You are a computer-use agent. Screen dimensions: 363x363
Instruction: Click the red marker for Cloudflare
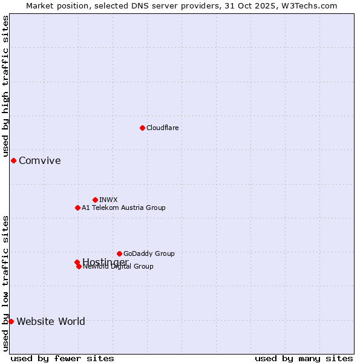click(x=142, y=128)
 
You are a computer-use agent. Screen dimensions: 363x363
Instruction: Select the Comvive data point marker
click(x=13, y=160)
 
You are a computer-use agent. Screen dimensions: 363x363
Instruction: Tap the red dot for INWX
click(x=95, y=200)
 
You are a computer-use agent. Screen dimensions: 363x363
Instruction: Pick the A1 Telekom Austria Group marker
click(x=77, y=208)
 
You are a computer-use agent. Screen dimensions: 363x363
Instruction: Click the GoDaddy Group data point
click(x=119, y=253)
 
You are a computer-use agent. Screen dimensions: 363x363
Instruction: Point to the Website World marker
click(x=11, y=321)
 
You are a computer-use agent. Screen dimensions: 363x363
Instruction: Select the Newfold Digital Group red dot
click(x=79, y=266)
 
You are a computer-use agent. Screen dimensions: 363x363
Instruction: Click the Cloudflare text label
click(x=162, y=128)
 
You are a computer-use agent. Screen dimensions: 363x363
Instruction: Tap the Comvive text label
click(x=39, y=160)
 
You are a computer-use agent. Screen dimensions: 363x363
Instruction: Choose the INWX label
click(x=108, y=200)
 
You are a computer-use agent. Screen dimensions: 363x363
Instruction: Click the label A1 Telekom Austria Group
click(x=123, y=208)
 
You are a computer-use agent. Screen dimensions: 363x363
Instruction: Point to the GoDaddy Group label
click(x=149, y=253)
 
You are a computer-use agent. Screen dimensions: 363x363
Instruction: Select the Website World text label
click(x=51, y=321)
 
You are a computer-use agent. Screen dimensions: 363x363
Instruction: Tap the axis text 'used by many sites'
click(x=304, y=359)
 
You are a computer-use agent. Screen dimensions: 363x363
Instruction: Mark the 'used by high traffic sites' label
click(x=5, y=85)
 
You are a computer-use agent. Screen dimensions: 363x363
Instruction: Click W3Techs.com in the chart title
click(x=312, y=5)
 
